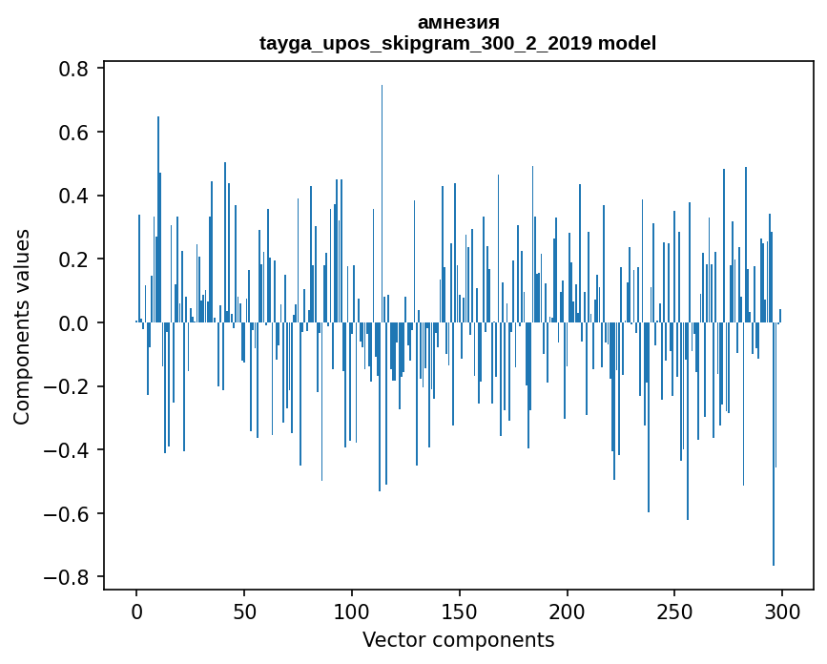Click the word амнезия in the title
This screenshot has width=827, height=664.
click(458, 22)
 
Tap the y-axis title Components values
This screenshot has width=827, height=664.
click(22, 326)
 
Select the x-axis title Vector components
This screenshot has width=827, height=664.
click(458, 639)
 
